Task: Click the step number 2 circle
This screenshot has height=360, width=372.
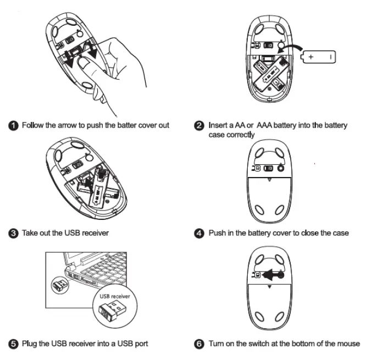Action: pyautogui.click(x=201, y=125)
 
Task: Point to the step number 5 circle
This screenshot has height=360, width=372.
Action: pyautogui.click(x=14, y=344)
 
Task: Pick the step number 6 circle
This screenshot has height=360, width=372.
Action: pyautogui.click(x=201, y=344)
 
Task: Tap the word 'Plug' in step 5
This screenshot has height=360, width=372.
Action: pyautogui.click(x=29, y=344)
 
